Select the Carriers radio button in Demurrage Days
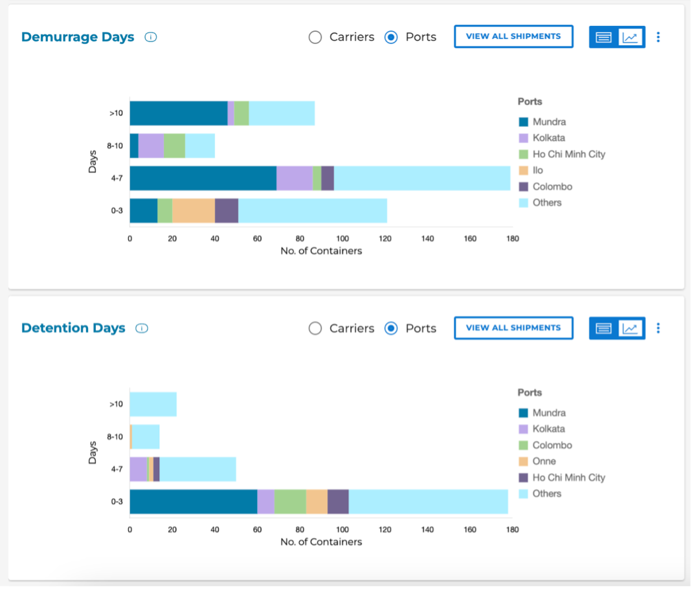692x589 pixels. (x=315, y=37)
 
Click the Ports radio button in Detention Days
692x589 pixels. (x=391, y=328)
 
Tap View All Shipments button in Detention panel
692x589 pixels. (x=513, y=328)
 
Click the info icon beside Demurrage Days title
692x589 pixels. (x=151, y=37)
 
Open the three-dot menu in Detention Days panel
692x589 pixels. (x=658, y=328)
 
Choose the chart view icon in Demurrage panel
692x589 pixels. (x=631, y=37)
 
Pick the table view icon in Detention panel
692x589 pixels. (x=603, y=328)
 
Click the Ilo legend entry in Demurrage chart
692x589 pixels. (x=538, y=170)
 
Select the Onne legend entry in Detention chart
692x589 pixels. (x=544, y=461)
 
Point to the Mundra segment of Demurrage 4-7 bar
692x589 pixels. (x=203, y=178)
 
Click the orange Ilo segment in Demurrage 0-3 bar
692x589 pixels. (x=194, y=210)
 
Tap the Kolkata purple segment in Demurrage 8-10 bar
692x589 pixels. (x=151, y=146)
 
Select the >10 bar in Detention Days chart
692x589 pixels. (x=153, y=405)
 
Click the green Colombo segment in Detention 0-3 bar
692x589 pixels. (x=290, y=502)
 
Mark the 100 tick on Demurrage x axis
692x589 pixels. (x=342, y=238)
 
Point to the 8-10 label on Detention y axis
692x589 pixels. (x=115, y=437)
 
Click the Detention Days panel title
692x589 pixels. (x=73, y=328)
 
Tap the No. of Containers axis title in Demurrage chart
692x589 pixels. (x=321, y=250)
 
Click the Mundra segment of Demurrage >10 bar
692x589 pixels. (x=178, y=113)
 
